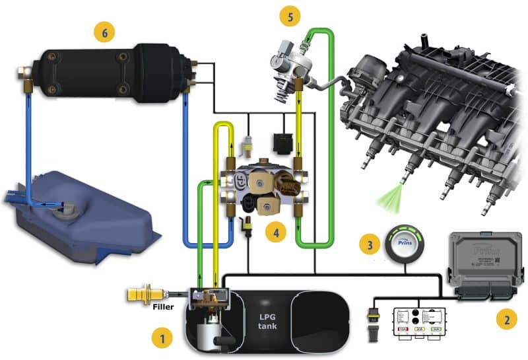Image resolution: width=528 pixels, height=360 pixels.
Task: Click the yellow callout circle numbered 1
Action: tap(158, 338)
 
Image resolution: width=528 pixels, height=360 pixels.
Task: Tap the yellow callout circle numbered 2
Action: tap(506, 320)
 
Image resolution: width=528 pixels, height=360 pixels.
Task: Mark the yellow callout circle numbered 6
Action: tap(104, 30)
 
